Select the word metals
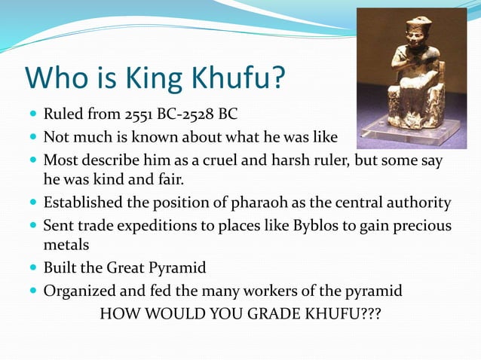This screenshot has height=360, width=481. (x=66, y=246)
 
